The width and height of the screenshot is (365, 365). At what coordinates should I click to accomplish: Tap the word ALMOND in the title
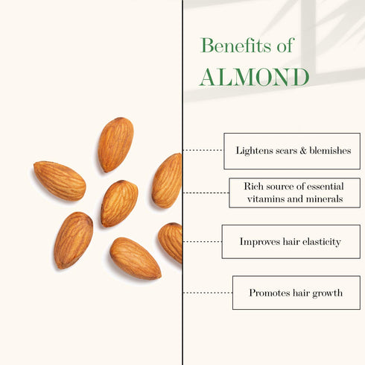tap(254, 77)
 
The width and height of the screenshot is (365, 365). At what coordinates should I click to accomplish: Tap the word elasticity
tap(321, 242)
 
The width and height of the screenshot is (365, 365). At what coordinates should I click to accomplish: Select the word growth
tap(325, 293)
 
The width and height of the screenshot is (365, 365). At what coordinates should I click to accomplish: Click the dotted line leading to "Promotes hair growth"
tap(207, 293)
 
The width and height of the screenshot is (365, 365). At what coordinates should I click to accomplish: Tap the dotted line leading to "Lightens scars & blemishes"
tap(203, 150)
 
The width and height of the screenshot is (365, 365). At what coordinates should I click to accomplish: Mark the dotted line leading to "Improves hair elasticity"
tap(202, 242)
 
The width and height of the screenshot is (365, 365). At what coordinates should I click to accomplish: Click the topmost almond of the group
tap(115, 144)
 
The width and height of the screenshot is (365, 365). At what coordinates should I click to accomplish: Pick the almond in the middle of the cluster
tap(119, 202)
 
